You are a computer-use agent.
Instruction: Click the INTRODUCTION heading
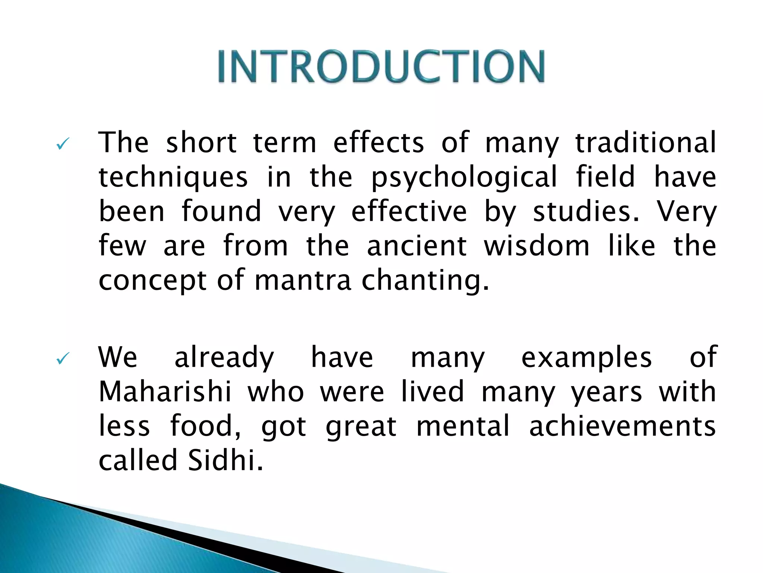coord(381,66)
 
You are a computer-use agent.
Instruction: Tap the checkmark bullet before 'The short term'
coord(62,144)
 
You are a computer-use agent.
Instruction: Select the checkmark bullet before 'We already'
coord(62,359)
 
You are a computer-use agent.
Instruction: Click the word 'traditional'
coord(646,143)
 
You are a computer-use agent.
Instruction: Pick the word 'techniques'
coord(173,177)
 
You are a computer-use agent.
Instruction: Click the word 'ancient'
coord(417,246)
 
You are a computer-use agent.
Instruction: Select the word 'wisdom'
coord(536,246)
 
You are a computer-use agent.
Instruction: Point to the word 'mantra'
coord(303,281)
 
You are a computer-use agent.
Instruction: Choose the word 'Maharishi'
coord(165,392)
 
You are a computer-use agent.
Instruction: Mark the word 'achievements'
coord(622,426)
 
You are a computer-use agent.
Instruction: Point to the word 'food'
coord(205,426)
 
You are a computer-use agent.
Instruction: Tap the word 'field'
coord(605,176)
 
